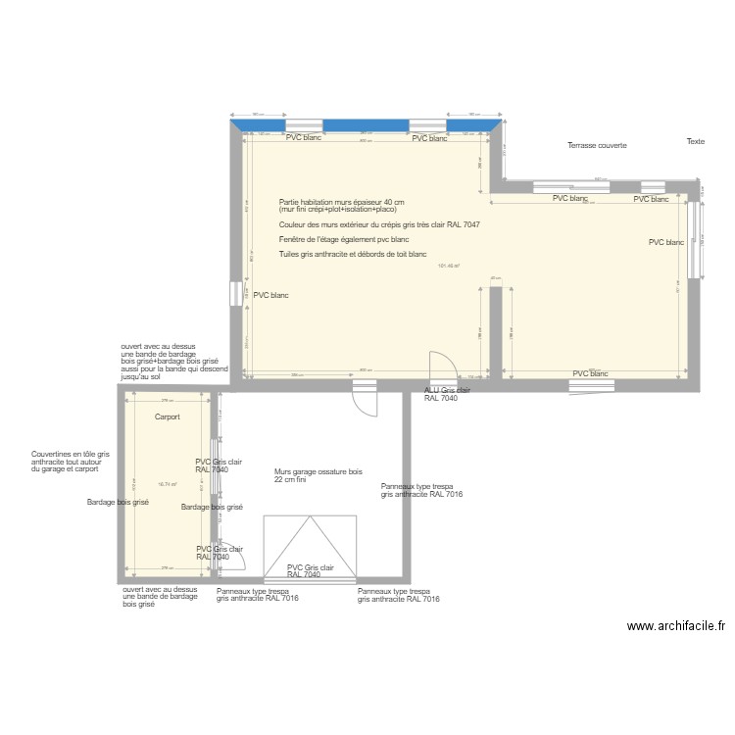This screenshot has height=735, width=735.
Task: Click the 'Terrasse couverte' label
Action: pos(597,145)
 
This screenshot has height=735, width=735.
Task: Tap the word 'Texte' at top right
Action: pos(695,141)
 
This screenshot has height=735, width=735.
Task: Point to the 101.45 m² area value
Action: pos(449,266)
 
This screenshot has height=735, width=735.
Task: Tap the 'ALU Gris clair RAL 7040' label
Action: pos(447,394)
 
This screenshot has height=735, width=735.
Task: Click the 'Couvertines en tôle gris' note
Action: pos(71,454)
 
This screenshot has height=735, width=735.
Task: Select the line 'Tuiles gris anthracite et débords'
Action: pos(353,254)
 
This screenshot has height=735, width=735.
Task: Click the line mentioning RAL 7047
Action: pos(379,224)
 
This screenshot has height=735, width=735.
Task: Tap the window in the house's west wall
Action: pos(235,294)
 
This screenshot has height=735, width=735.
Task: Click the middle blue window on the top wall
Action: pos(366,125)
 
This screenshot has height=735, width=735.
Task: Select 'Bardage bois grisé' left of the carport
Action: pos(117,502)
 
